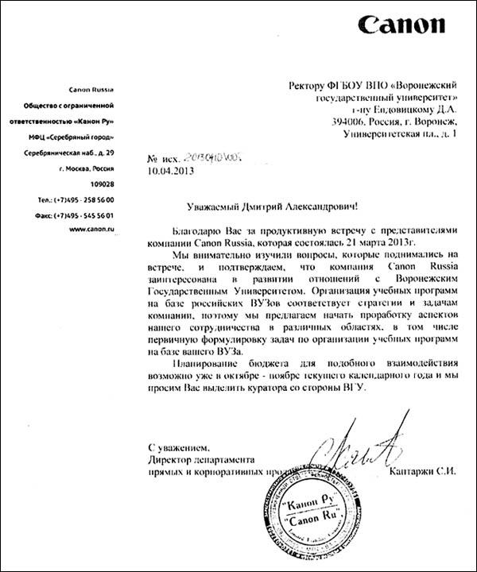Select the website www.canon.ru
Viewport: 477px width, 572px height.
[94, 230]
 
